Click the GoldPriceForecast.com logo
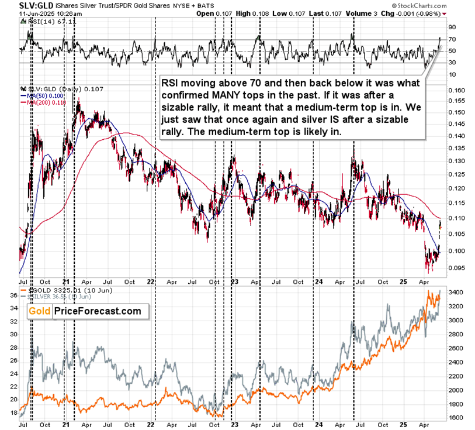85,311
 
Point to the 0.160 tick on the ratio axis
456,90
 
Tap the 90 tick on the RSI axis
452,27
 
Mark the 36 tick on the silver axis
13,295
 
